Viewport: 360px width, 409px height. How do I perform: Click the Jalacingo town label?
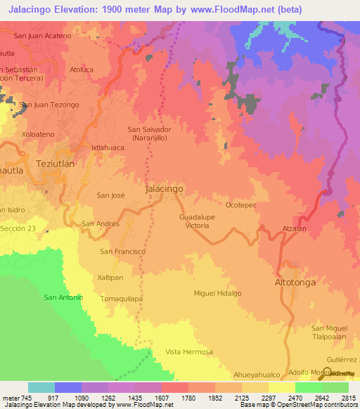pyautogui.click(x=164, y=190)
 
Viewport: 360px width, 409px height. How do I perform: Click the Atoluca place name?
pyautogui.click(x=81, y=70)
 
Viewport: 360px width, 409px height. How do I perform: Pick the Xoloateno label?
pyautogui.click(x=38, y=133)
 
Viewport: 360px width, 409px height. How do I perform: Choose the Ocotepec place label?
pyautogui.click(x=241, y=205)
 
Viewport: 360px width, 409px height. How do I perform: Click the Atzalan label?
pyautogui.click(x=294, y=229)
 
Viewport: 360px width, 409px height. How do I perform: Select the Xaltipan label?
pyautogui.click(x=110, y=278)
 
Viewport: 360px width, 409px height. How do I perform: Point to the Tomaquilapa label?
pyautogui.click(x=122, y=298)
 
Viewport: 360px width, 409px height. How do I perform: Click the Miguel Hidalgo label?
pyautogui.click(x=218, y=292)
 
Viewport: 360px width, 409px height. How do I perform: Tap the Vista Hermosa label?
pyautogui.click(x=188, y=351)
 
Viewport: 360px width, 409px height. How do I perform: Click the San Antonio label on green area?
pyautogui.click(x=63, y=297)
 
